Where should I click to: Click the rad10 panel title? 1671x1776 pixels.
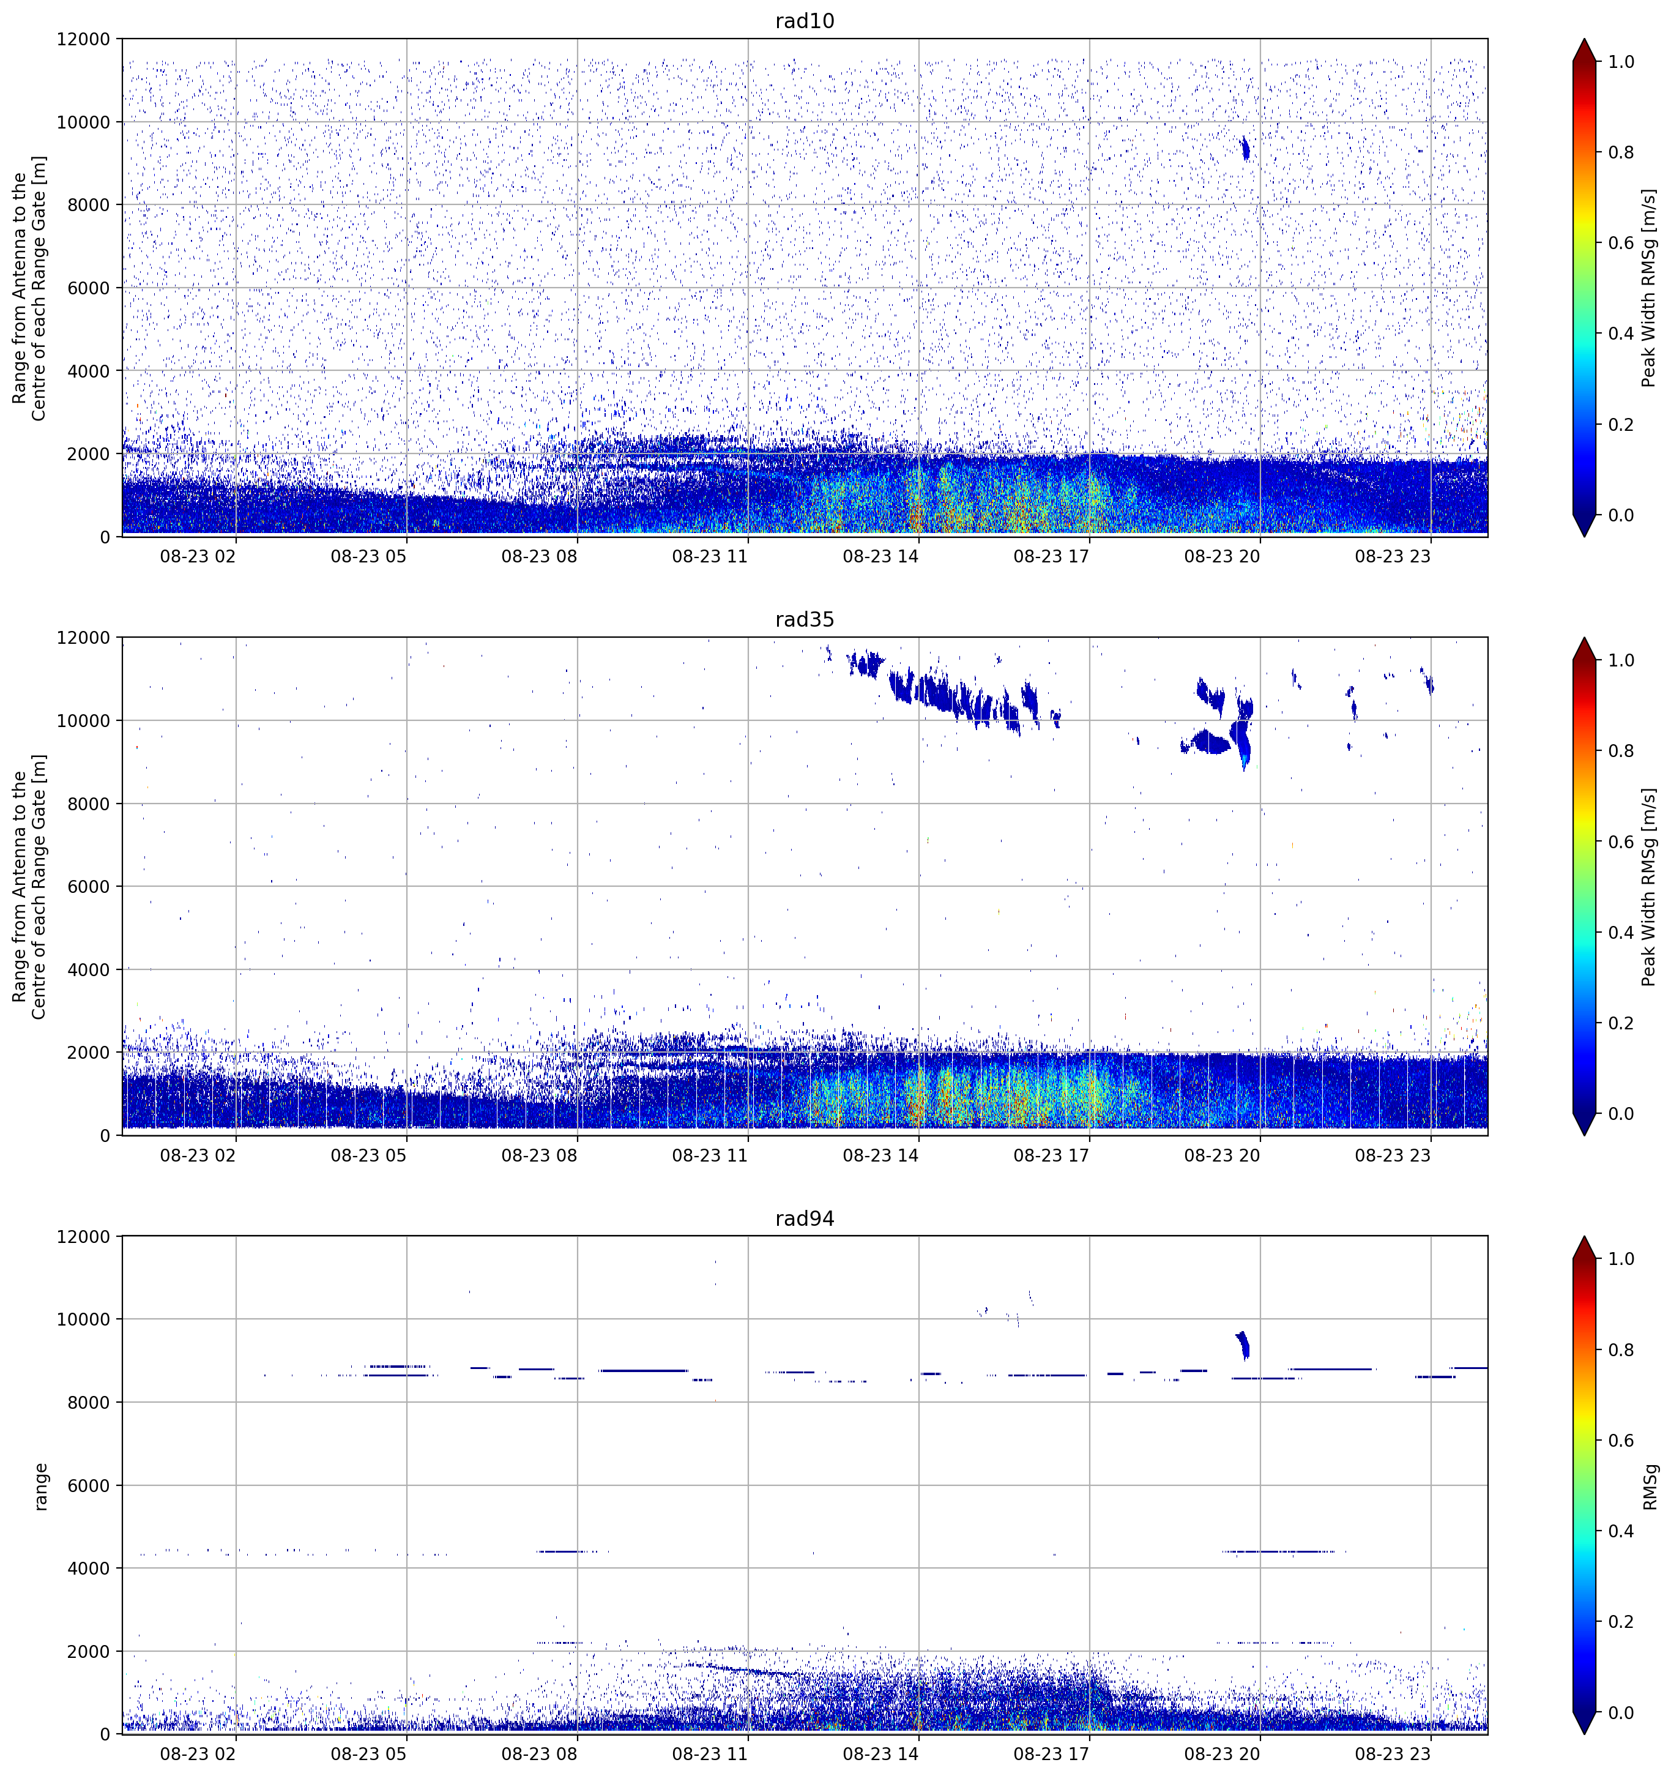tap(804, 21)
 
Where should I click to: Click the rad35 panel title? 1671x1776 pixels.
tap(804, 620)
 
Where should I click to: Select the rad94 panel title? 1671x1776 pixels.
tap(804, 1218)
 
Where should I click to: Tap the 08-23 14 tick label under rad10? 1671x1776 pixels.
tap(880, 556)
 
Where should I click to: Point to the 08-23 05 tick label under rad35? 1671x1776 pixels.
tap(369, 1155)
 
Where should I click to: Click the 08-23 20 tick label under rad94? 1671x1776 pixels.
tap(1222, 1755)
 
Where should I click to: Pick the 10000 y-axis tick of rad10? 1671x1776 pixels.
tap(84, 122)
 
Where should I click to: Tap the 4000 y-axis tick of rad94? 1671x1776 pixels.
tap(89, 1568)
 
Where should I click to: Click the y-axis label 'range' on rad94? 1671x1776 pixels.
tap(40, 1487)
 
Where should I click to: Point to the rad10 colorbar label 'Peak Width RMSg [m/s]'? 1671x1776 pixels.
tap(1649, 288)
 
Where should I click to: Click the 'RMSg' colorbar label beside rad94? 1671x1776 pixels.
tap(1649, 1487)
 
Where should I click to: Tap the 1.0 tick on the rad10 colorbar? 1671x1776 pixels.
tap(1621, 62)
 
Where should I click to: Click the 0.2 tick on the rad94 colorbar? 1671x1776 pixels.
tap(1621, 1621)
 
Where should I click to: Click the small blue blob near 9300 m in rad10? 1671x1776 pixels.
tap(1246, 148)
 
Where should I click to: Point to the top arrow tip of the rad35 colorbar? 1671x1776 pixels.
tap(1584, 638)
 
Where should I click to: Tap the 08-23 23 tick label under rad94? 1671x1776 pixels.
tap(1393, 1755)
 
